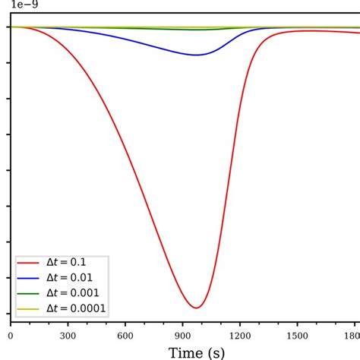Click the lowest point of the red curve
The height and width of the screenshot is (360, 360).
(x=197, y=308)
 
